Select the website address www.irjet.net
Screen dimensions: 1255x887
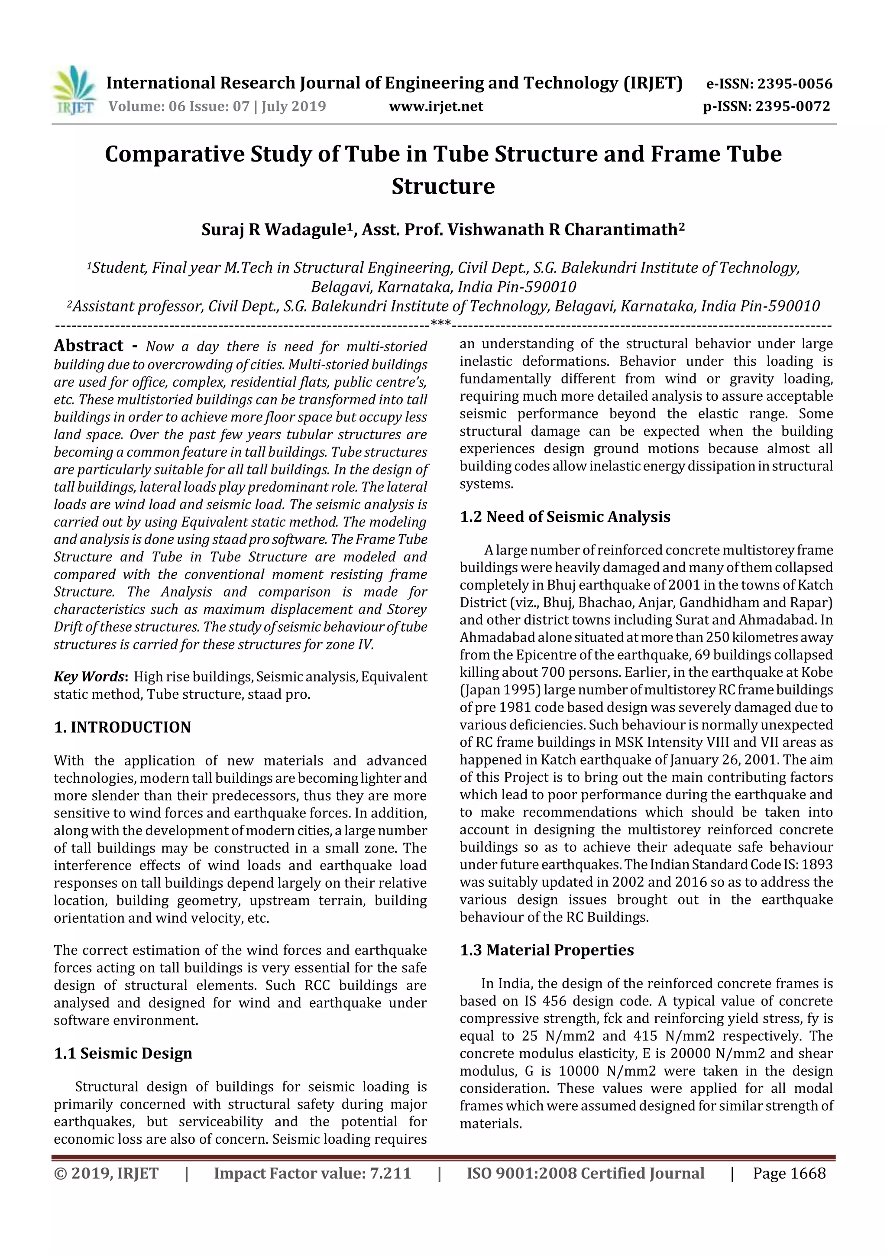436,107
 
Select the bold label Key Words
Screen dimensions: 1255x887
90,677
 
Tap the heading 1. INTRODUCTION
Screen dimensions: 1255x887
123,727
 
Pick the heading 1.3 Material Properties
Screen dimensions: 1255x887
547,950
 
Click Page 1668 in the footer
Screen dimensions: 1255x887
789,1173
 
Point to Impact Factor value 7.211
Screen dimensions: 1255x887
312,1173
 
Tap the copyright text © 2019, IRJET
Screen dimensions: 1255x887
106,1173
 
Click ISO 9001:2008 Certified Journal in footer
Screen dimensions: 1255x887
585,1173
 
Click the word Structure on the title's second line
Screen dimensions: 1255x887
443,186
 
